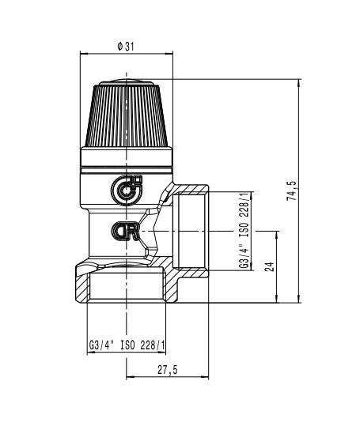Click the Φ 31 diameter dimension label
coord(126,47)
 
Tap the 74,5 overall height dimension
coord(292,190)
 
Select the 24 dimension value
coord(269,267)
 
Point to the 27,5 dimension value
coord(168,370)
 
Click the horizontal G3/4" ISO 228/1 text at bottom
coord(127,345)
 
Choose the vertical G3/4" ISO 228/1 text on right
coord(244,231)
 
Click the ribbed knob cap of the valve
coord(127,114)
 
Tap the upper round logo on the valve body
coord(127,190)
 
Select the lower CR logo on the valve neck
coord(126,231)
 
